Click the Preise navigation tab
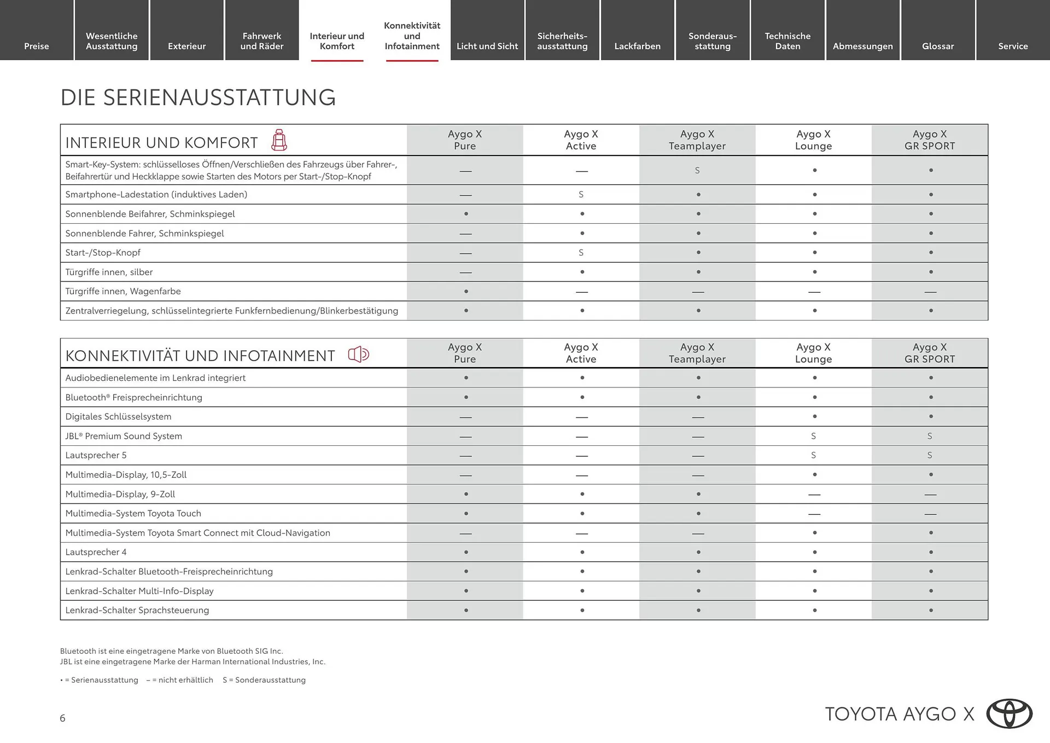tap(37, 46)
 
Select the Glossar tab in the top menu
tap(938, 46)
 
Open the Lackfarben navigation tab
tap(637, 46)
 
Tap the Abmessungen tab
tap(862, 46)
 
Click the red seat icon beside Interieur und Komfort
tap(279, 141)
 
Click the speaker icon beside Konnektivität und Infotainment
tap(359, 355)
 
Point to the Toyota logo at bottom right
tap(1009, 713)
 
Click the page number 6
tap(62, 718)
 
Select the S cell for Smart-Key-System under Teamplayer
tap(697, 171)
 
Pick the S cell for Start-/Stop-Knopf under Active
tap(581, 253)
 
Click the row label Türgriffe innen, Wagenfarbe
tap(123, 292)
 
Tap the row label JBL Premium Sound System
tap(124, 436)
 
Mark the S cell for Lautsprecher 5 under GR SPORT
tap(930, 455)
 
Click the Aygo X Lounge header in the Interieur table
tap(813, 140)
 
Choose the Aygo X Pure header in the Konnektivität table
tap(465, 353)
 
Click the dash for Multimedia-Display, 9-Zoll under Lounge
tap(814, 495)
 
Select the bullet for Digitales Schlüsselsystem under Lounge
tap(814, 417)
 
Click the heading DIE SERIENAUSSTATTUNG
tap(198, 97)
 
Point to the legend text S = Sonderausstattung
tap(264, 680)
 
